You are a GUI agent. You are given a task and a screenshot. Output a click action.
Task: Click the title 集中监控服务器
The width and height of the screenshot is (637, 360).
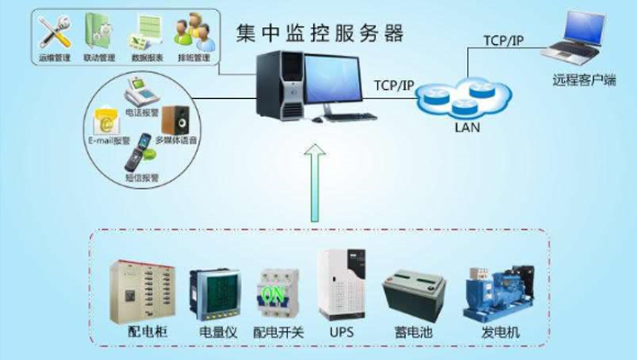click(318, 33)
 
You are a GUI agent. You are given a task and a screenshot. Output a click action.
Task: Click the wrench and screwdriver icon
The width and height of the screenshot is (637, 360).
click(52, 31)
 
